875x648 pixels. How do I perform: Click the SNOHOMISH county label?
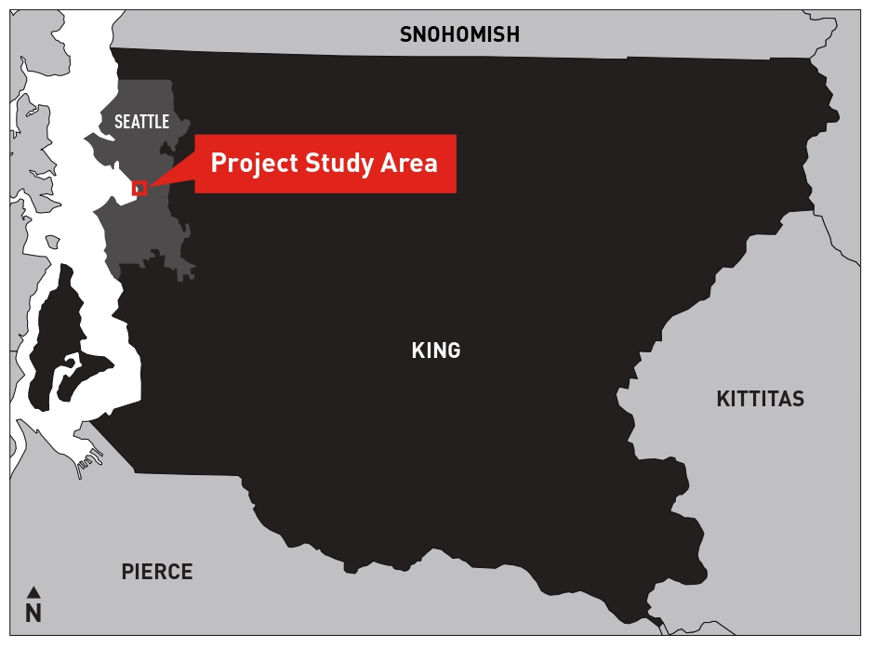[x=459, y=35]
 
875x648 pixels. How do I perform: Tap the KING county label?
[x=435, y=350]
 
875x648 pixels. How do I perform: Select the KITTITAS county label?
[x=760, y=400]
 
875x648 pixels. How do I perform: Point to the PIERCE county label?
[x=157, y=572]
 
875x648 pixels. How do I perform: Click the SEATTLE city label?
[x=141, y=122]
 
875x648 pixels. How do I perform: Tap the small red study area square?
[x=139, y=188]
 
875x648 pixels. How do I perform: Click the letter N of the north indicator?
[x=33, y=614]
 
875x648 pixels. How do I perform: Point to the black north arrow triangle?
[x=33, y=591]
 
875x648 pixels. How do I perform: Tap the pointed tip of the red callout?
[x=149, y=186]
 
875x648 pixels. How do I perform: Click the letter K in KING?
[x=417, y=350]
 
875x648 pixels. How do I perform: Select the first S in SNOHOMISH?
[x=405, y=35]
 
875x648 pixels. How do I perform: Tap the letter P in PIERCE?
[x=127, y=572]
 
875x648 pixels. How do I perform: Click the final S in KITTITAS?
[x=798, y=400]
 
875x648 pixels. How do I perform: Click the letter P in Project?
[x=218, y=164]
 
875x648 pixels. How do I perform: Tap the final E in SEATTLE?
[x=166, y=122]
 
